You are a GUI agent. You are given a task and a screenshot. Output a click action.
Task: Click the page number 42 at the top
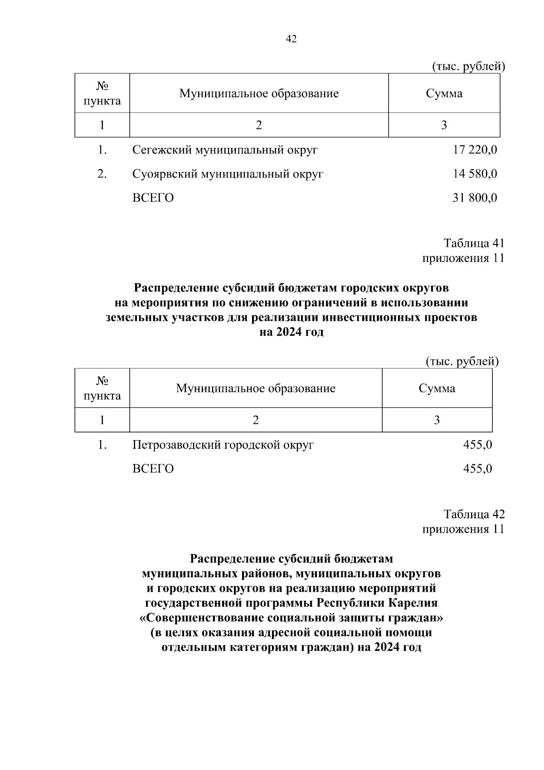pyautogui.click(x=291, y=39)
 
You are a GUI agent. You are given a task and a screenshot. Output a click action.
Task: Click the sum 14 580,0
pyautogui.click(x=475, y=174)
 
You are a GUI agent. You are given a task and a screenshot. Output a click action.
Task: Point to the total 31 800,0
pyautogui.click(x=475, y=198)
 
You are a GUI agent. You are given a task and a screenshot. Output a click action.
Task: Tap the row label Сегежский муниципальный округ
pyautogui.click(x=225, y=150)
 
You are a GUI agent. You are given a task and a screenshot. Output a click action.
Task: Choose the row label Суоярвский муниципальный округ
pyautogui.click(x=228, y=174)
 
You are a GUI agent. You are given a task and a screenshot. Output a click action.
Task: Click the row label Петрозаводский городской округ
pyautogui.click(x=223, y=445)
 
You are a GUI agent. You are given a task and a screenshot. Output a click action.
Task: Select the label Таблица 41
pyautogui.click(x=474, y=243)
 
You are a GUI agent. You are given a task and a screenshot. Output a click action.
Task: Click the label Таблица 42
pyautogui.click(x=474, y=514)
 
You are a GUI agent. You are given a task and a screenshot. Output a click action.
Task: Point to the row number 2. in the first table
pyautogui.click(x=102, y=174)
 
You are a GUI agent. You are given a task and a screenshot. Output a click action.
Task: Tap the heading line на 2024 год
pyautogui.click(x=291, y=332)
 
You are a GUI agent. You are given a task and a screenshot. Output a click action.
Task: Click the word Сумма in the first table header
pyautogui.click(x=444, y=93)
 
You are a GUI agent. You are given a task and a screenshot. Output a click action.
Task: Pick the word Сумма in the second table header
pyautogui.click(x=437, y=388)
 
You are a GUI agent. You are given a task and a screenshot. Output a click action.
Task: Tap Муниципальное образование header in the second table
pyautogui.click(x=256, y=388)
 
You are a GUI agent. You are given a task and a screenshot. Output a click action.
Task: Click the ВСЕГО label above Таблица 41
pyautogui.click(x=153, y=198)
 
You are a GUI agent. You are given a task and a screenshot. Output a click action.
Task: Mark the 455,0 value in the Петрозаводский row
pyautogui.click(x=477, y=445)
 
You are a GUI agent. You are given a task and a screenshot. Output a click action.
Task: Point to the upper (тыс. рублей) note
pyautogui.click(x=468, y=67)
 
